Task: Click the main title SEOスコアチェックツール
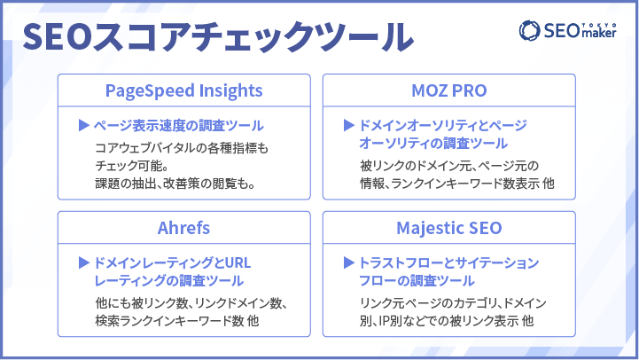tap(218, 36)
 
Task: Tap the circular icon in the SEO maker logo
tap(529, 30)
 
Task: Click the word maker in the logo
tap(598, 33)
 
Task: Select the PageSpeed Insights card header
tap(183, 90)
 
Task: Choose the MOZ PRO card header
tap(449, 90)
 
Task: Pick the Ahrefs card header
tap(183, 228)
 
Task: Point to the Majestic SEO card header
tap(449, 228)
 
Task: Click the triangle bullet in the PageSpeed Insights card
tap(84, 125)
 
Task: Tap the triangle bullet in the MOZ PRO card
tap(349, 125)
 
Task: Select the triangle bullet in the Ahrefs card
tap(84, 262)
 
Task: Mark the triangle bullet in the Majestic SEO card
tap(349, 262)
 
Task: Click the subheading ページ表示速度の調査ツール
tap(178, 126)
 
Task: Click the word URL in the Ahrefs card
tap(238, 263)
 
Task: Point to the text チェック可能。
tap(132, 166)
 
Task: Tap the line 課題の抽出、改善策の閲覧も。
tap(175, 184)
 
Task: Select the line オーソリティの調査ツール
tap(433, 144)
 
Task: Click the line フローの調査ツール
tap(417, 281)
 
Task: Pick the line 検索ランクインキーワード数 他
tap(177, 321)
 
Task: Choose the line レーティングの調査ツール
tap(168, 281)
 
